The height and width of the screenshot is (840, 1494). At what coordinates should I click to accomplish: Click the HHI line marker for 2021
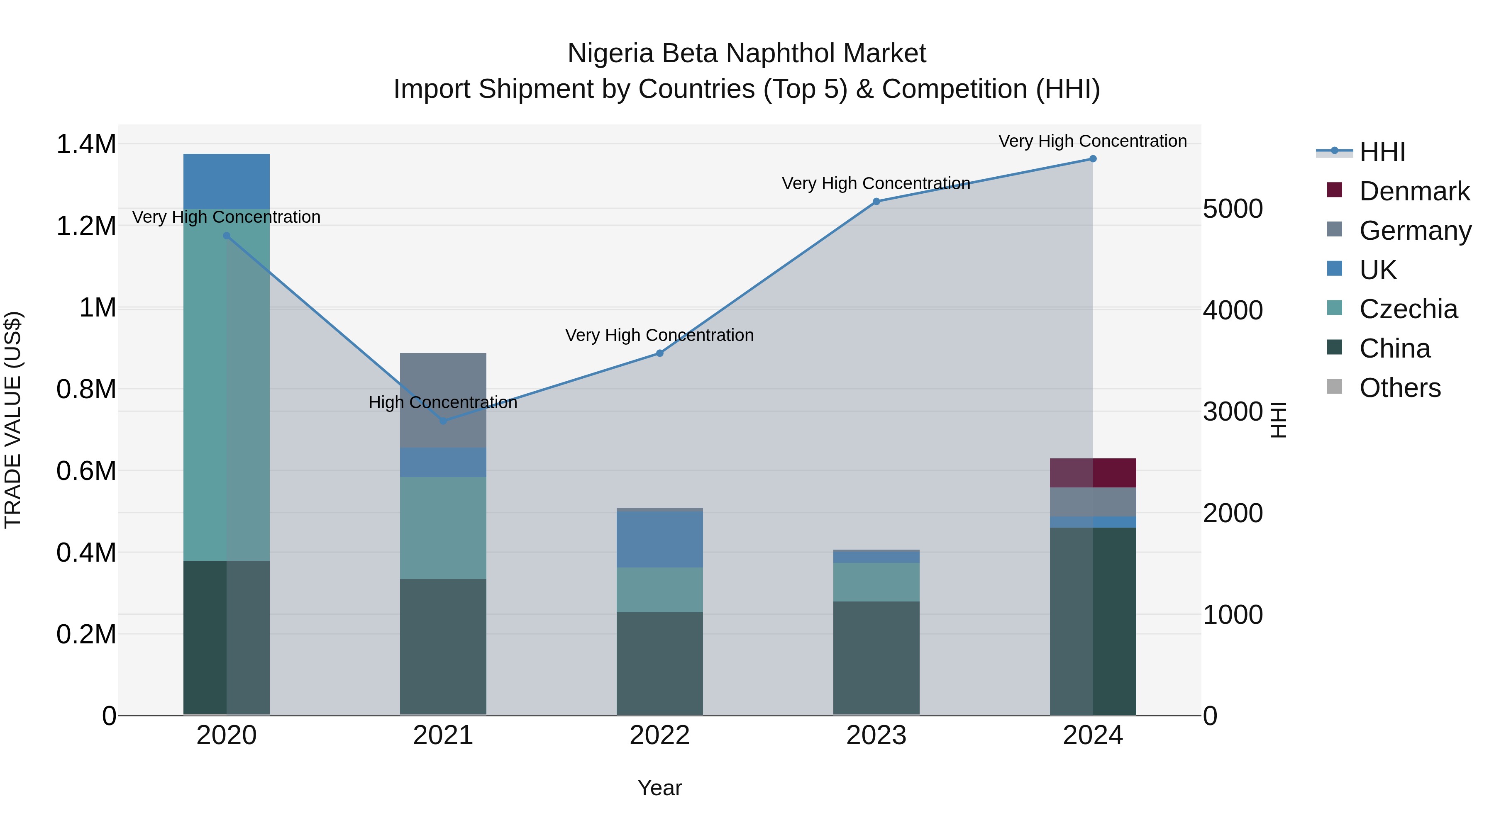pos(443,421)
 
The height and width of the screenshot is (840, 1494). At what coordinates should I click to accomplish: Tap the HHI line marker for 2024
pos(1093,159)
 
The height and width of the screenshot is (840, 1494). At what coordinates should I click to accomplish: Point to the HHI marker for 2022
pos(659,353)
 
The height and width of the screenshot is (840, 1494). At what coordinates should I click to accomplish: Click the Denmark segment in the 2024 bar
pos(1093,473)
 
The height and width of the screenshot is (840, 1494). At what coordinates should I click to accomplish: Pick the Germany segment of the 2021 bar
pos(443,400)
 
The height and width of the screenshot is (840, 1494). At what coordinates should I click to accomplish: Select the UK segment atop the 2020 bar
pos(226,181)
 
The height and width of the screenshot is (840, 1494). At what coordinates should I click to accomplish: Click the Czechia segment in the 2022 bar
pos(659,589)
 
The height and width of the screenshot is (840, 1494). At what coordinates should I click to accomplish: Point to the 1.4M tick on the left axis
pos(86,144)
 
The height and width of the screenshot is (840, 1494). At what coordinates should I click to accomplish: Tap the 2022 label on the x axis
pos(659,735)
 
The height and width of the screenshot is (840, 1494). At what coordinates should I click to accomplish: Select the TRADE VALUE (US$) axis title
pos(13,420)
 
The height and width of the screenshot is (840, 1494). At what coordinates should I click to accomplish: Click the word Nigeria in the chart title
pos(611,54)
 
